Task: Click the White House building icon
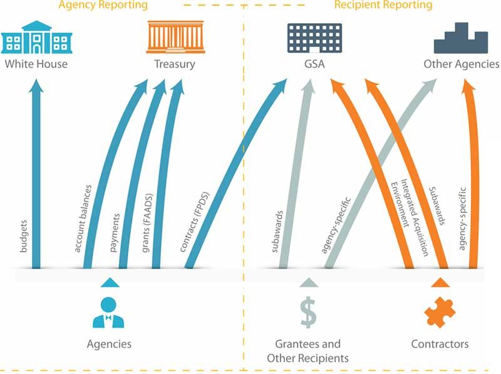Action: (x=36, y=37)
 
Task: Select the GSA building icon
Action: (x=314, y=38)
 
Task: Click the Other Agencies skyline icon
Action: (x=461, y=38)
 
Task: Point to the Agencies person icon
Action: (x=108, y=312)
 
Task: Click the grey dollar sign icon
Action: (x=307, y=312)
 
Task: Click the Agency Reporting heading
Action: (x=103, y=5)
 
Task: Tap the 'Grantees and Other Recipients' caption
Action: (x=307, y=351)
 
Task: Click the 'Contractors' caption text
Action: (x=440, y=344)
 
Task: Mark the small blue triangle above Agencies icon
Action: (x=109, y=282)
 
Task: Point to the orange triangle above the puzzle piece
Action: (x=440, y=282)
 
